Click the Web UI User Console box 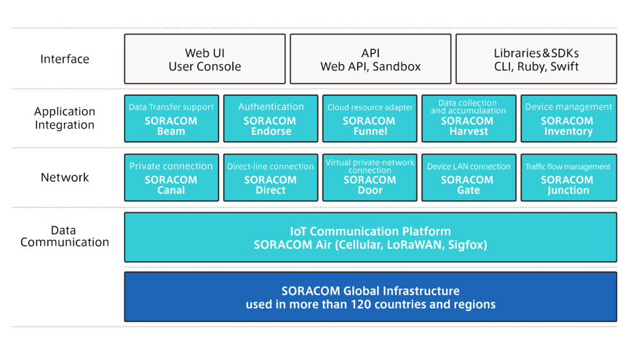click(204, 59)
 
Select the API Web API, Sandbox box click(370, 59)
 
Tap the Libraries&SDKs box click(536, 59)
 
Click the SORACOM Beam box click(171, 119)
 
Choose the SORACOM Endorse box click(271, 119)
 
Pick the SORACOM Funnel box click(370, 119)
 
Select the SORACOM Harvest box click(469, 119)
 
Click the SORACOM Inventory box click(568, 119)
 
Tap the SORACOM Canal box click(171, 177)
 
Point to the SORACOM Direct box click(271, 177)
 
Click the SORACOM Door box click(370, 177)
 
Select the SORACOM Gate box click(469, 177)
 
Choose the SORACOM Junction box click(568, 177)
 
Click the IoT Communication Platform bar click(370, 237)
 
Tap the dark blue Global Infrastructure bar click(370, 297)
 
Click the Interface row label click(65, 59)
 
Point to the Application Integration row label click(65, 118)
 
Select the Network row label click(65, 177)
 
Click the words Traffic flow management click(568, 167)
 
